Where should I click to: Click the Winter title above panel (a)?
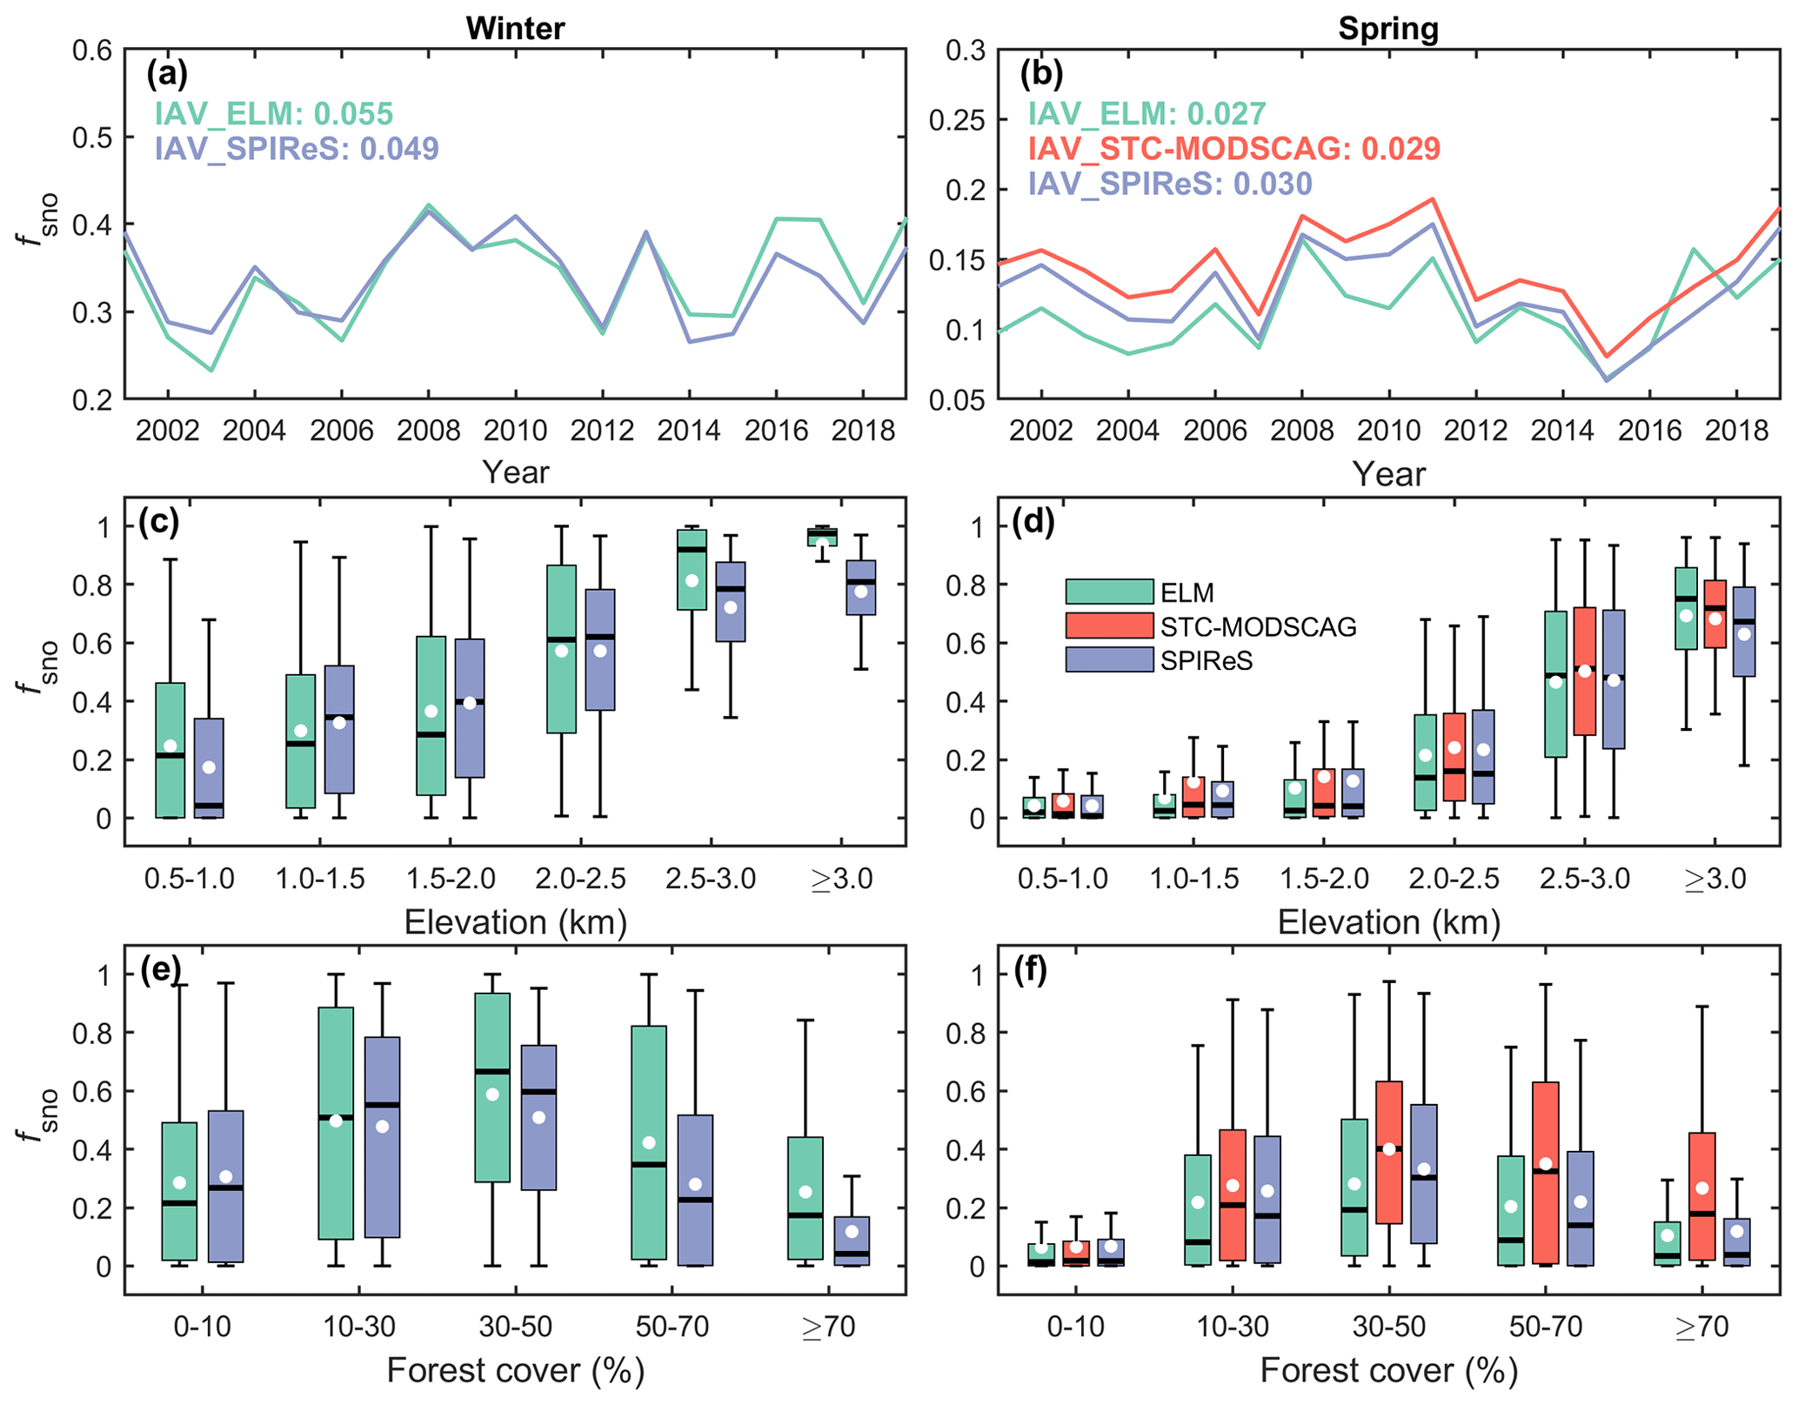(515, 29)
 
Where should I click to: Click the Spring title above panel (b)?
(1387, 29)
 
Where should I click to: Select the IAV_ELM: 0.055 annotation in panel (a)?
(274, 114)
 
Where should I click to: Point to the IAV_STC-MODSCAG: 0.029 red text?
(1233, 149)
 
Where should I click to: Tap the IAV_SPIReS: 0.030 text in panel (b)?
(1170, 184)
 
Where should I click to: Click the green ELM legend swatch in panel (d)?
(1109, 592)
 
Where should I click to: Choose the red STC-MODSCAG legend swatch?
(1109, 626)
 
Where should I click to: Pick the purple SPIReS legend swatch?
(1109, 659)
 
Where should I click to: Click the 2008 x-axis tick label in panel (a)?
(428, 431)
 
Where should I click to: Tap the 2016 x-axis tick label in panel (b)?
(1649, 431)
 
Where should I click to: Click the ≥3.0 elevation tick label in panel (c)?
(841, 879)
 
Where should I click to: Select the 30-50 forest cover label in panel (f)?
(1388, 1327)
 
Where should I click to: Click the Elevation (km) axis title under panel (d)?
(1388, 923)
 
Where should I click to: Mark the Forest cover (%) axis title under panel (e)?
(515, 1370)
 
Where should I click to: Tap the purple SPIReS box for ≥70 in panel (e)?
(852, 1241)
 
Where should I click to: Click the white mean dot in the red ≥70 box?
(1702, 1188)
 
